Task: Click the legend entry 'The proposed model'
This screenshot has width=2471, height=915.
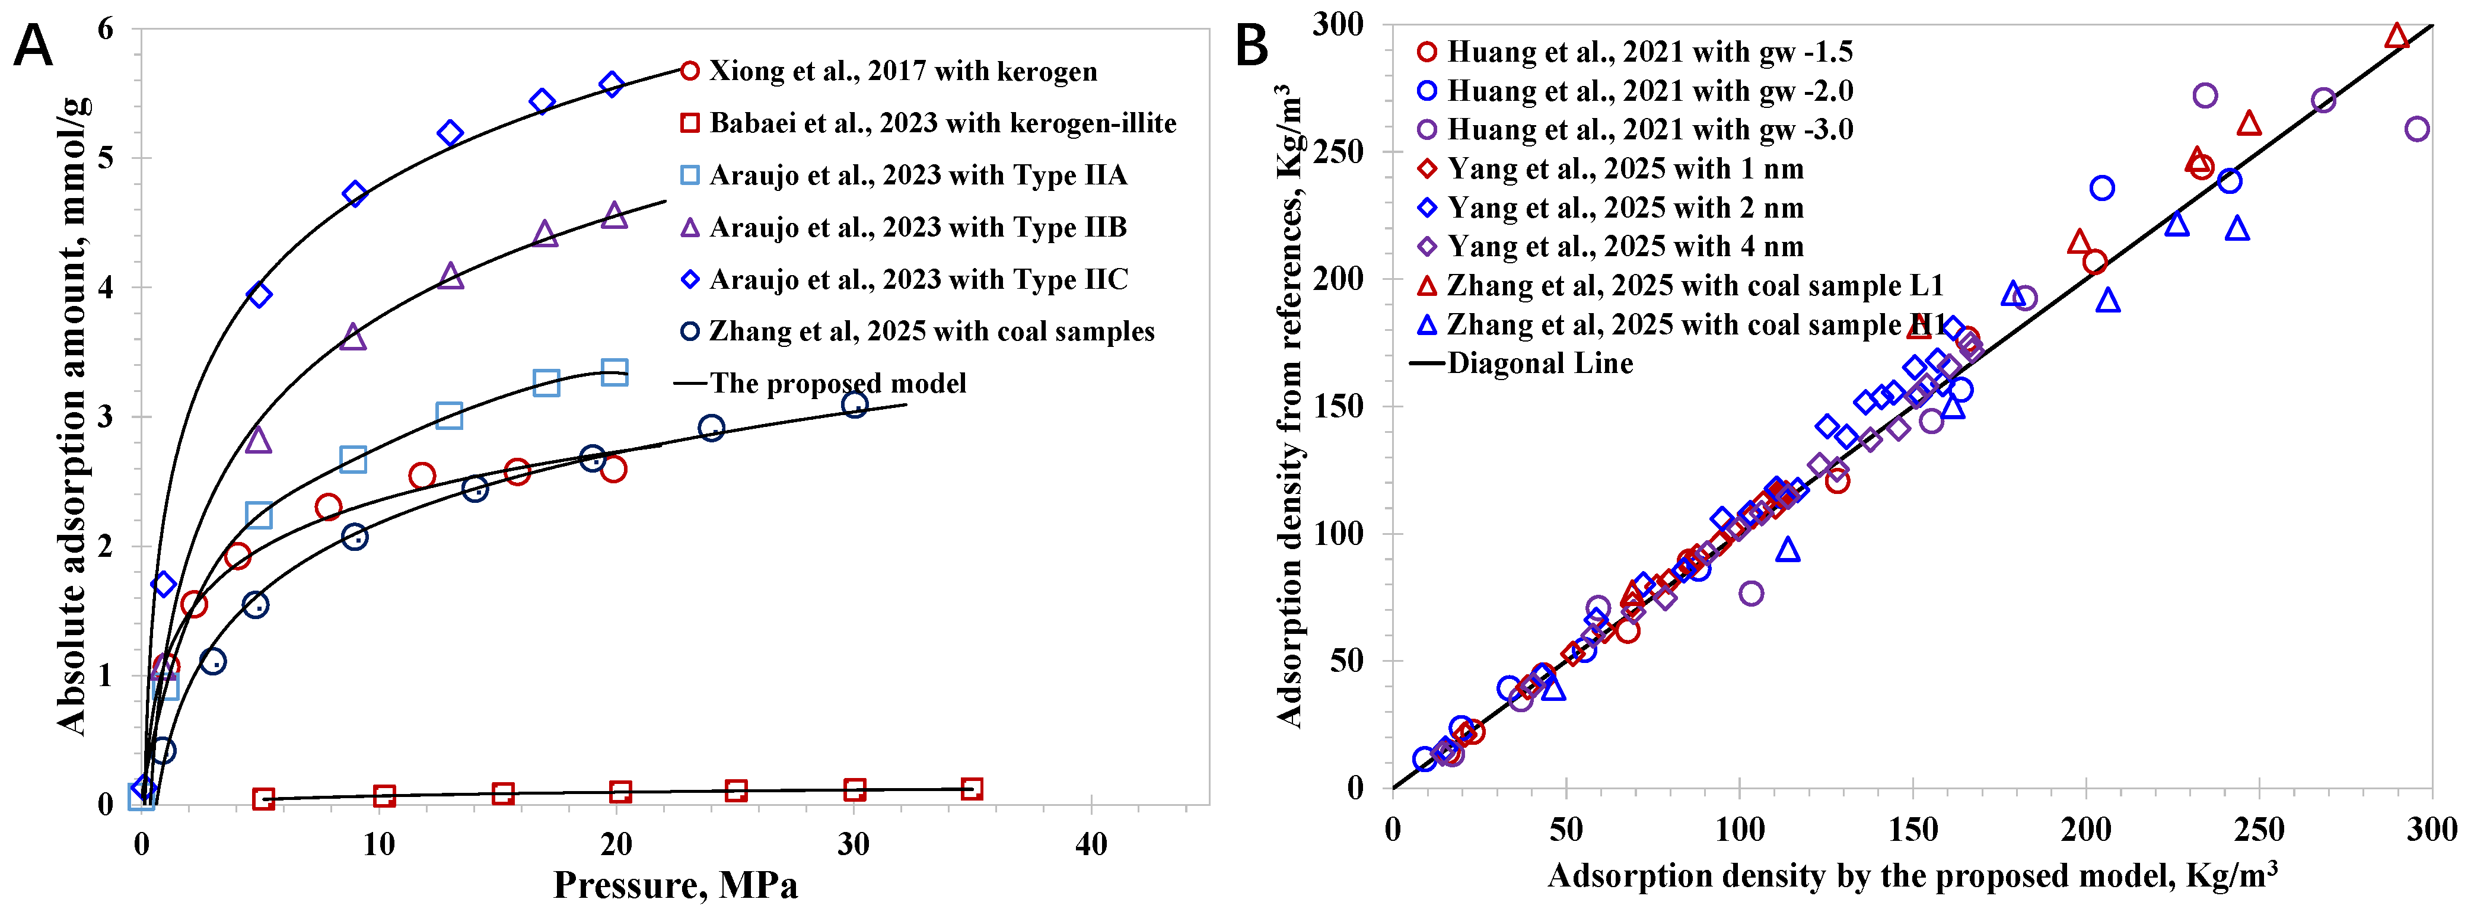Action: pos(820,384)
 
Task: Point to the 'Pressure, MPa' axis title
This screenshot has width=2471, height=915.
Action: pos(676,884)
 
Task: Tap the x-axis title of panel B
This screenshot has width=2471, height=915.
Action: pos(1913,876)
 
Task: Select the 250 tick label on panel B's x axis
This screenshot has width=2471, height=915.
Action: pos(2259,828)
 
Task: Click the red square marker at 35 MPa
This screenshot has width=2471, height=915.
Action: pos(972,789)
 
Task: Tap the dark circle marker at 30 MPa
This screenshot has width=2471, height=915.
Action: pos(855,405)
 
